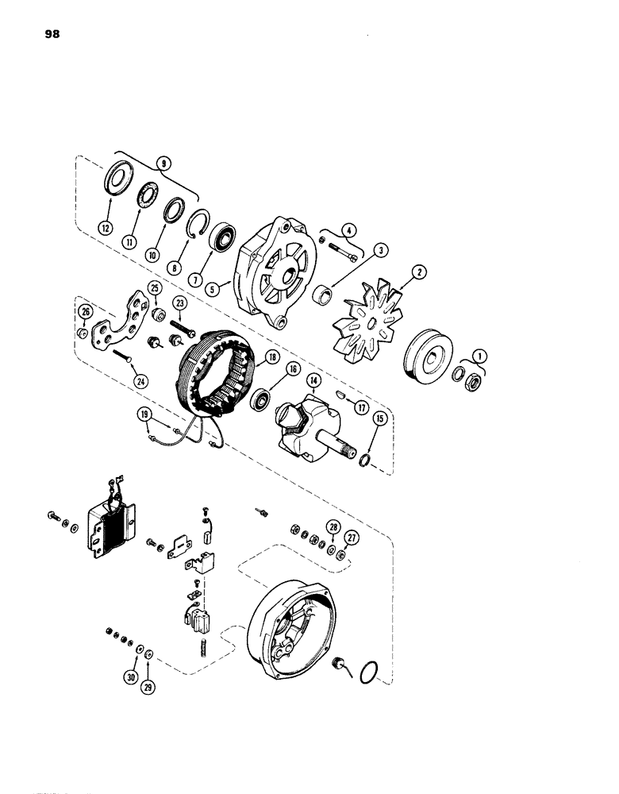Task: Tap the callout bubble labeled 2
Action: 421,272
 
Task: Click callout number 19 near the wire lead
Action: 144,413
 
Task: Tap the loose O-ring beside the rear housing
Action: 367,673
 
